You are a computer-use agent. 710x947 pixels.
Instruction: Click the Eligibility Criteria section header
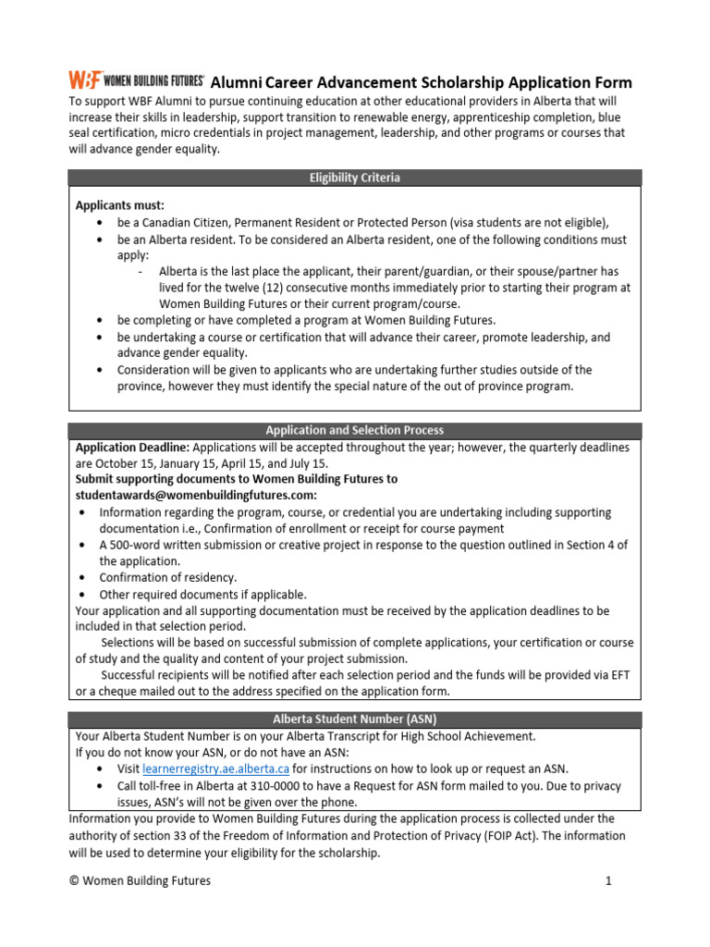coord(354,178)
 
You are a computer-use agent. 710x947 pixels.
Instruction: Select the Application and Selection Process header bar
coord(354,430)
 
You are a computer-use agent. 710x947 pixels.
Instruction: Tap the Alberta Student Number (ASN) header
coord(354,719)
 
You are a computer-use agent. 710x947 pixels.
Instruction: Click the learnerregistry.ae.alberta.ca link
coord(211,769)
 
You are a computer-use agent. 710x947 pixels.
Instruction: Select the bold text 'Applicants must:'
coord(119,206)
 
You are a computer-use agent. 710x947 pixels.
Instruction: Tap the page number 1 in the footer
coord(609,880)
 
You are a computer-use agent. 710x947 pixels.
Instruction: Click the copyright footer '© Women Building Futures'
coord(140,880)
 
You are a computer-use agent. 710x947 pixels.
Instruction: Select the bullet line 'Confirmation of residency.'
coord(168,578)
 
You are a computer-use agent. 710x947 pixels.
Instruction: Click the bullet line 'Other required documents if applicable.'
coord(202,595)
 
